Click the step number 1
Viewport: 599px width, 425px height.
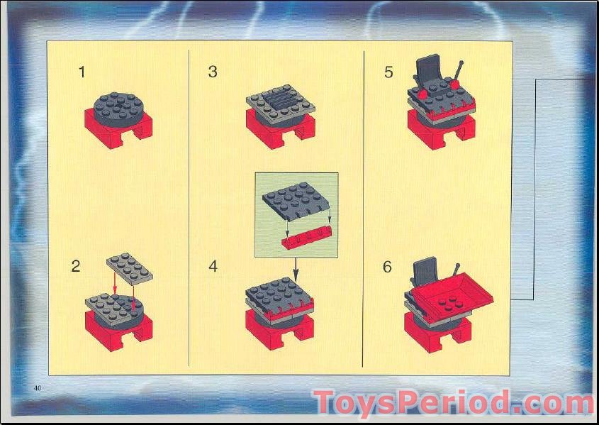[82, 72]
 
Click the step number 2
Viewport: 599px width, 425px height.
[76, 267]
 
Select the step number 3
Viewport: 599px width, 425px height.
[213, 72]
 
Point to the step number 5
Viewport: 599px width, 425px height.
[388, 72]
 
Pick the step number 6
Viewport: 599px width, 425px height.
[387, 267]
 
